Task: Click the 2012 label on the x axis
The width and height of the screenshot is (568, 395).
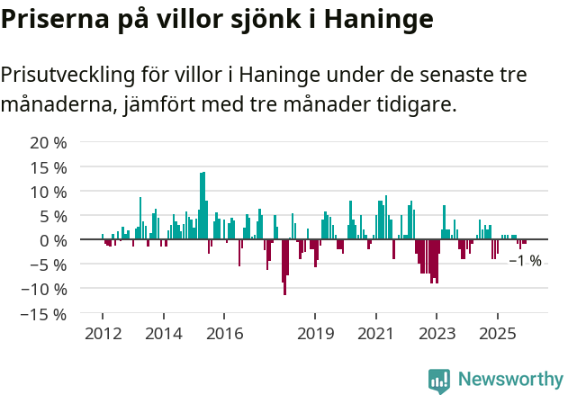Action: pyautogui.click(x=102, y=334)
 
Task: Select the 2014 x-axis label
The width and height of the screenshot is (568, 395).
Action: pyautogui.click(x=163, y=334)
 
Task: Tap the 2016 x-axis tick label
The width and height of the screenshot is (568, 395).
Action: pyautogui.click(x=224, y=334)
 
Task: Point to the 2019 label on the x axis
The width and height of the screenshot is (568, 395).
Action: pyautogui.click(x=315, y=334)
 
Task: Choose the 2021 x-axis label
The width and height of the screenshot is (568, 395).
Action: pyautogui.click(x=376, y=334)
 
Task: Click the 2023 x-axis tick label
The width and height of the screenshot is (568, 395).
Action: pyautogui.click(x=437, y=334)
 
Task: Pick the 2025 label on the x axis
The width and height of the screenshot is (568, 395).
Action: pyautogui.click(x=498, y=334)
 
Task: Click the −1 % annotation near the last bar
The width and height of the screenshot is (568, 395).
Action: pyautogui.click(x=526, y=261)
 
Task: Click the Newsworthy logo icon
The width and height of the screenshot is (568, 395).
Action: pyautogui.click(x=439, y=381)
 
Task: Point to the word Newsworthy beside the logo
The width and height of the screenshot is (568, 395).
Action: pyautogui.click(x=510, y=380)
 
